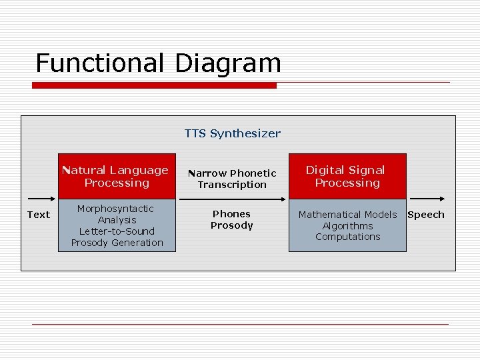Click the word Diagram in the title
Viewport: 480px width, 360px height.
point(228,63)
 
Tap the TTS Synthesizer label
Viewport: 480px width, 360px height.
point(233,133)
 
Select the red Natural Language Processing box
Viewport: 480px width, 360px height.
point(117,177)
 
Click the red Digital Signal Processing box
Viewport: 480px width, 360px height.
point(347,177)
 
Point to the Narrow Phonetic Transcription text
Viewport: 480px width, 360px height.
point(232,179)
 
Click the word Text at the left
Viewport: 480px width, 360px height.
point(38,215)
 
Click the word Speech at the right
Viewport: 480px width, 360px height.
point(425,215)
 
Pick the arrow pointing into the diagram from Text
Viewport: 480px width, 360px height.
point(40,199)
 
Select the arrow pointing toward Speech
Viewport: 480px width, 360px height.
point(427,199)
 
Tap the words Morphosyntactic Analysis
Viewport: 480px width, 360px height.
point(117,214)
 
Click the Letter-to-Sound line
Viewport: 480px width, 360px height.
point(117,231)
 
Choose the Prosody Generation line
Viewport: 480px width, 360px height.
point(117,243)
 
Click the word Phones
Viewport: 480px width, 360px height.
point(231,214)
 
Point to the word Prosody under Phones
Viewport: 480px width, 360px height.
point(231,225)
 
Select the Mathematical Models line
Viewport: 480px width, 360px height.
point(347,215)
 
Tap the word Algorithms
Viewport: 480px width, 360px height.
point(347,226)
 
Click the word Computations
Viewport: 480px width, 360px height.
point(347,237)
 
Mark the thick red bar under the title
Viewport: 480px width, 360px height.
point(155,85)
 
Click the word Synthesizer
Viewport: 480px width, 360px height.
point(245,133)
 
